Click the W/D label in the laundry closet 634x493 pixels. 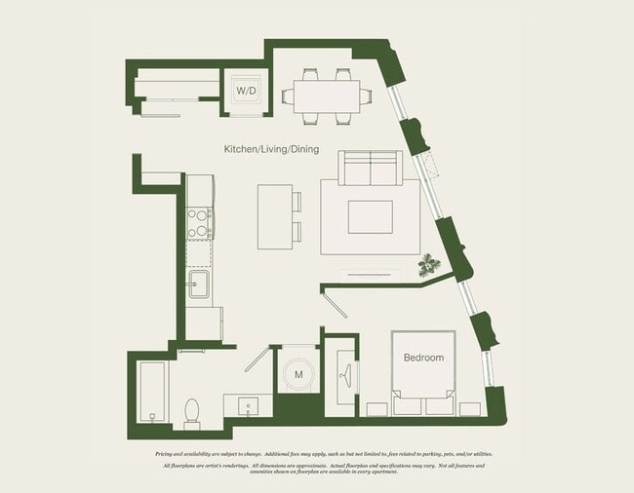pyautogui.click(x=245, y=92)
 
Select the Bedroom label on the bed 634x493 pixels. pyautogui.click(x=423, y=358)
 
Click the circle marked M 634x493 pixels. pyautogui.click(x=298, y=374)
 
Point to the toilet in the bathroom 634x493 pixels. pyautogui.click(x=192, y=412)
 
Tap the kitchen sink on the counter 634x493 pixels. pyautogui.click(x=198, y=285)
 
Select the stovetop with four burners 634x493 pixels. pyautogui.click(x=199, y=223)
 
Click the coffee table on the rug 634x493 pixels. pyautogui.click(x=370, y=216)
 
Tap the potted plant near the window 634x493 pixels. pyautogui.click(x=427, y=264)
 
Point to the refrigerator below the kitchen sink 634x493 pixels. pyautogui.click(x=204, y=322)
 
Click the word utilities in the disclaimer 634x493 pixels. pyautogui.click(x=478, y=454)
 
